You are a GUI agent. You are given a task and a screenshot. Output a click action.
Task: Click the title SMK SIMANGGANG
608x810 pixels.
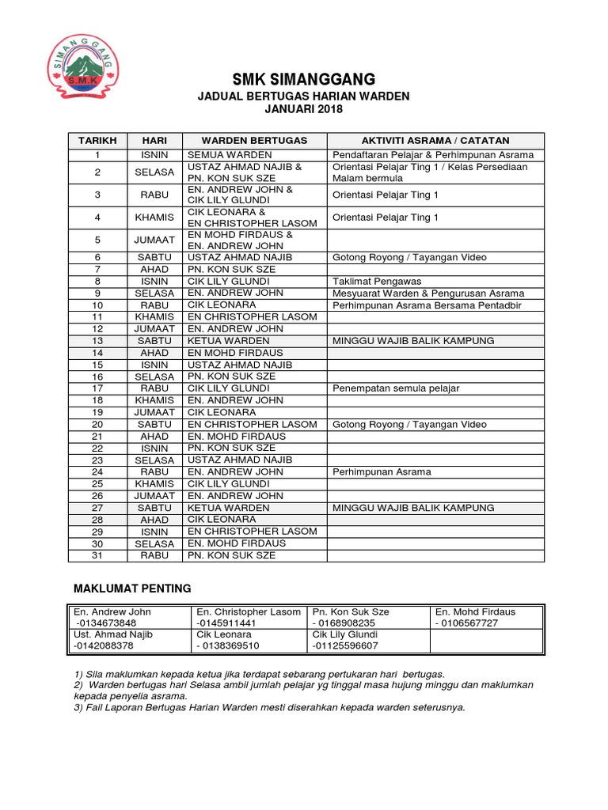coord(303,79)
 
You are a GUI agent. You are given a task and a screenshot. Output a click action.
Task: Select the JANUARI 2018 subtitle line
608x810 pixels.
coord(303,109)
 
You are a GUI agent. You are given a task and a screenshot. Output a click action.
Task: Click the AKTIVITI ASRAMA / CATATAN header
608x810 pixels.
coord(435,140)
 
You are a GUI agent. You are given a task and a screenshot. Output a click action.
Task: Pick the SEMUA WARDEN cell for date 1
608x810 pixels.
coord(230,154)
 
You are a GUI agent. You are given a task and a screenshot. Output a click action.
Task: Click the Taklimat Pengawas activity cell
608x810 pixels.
coord(377,281)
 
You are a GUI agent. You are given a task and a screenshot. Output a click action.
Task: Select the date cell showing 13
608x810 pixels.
coord(97,340)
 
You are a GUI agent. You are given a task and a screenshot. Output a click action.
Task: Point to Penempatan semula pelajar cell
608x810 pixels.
coord(396,388)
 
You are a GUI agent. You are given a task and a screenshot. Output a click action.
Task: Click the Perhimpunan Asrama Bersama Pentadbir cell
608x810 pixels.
coord(427,305)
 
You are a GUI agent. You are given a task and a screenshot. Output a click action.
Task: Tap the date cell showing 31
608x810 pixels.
coord(97,555)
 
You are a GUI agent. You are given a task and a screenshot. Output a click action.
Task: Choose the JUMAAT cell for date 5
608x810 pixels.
coord(154,240)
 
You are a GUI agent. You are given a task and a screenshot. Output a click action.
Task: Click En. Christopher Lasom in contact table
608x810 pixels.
coord(249,611)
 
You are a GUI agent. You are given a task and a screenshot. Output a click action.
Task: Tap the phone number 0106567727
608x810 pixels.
coord(467,623)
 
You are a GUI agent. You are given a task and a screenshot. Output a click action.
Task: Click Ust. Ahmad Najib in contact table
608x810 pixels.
coord(113,634)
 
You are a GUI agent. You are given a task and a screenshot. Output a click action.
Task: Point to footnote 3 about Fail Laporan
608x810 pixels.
coord(269,707)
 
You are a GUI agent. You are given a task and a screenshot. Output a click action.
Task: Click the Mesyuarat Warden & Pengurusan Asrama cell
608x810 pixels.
coord(427,293)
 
